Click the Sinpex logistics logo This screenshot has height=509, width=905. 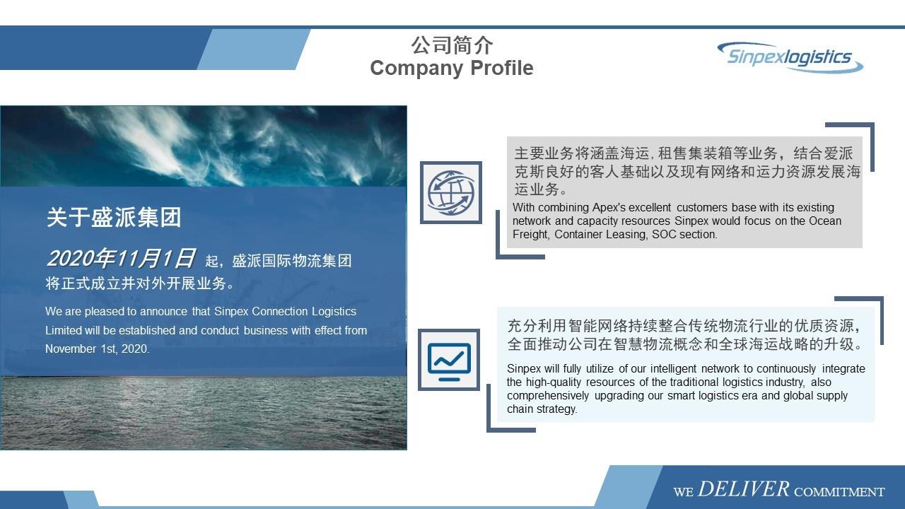click(x=790, y=57)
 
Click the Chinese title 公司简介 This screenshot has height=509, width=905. click(x=452, y=45)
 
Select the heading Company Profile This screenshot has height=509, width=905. click(x=451, y=68)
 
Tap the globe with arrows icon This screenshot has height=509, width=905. click(x=451, y=192)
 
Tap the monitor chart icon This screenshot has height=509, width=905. click(x=448, y=360)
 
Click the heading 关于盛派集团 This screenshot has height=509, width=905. click(x=114, y=217)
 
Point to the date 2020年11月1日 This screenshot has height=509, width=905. click(x=120, y=259)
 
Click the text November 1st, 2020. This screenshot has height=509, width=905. click(x=98, y=349)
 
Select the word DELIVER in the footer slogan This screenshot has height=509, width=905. click(x=743, y=488)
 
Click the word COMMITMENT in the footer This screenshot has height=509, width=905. click(x=839, y=491)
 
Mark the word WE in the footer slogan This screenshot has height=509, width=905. click(x=683, y=491)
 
